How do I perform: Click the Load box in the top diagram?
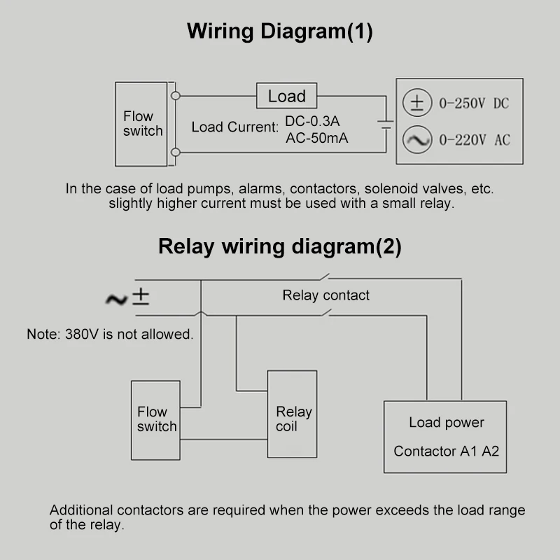pyautogui.click(x=286, y=96)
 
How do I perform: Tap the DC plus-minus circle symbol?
pyautogui.click(x=416, y=104)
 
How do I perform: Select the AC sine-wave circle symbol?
pyautogui.click(x=416, y=140)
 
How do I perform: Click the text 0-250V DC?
pyautogui.click(x=473, y=104)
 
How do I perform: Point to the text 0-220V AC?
pyautogui.click(x=474, y=140)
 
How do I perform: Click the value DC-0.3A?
pyautogui.click(x=312, y=120)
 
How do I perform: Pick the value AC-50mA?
pyautogui.click(x=316, y=138)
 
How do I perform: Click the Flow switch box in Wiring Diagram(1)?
pyautogui.click(x=141, y=124)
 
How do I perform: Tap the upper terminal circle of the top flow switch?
pyautogui.click(x=176, y=94)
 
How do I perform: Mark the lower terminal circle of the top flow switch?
pyautogui.click(x=176, y=152)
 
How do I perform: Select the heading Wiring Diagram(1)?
pyautogui.click(x=280, y=31)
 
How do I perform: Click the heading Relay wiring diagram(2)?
pyautogui.click(x=280, y=246)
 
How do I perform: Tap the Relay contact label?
pyautogui.click(x=325, y=295)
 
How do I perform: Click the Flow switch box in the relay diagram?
pyautogui.click(x=156, y=419)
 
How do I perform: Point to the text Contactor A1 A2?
pyautogui.click(x=446, y=451)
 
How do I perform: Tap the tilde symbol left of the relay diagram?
pyautogui.click(x=115, y=300)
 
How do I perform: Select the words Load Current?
pyautogui.click(x=234, y=127)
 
